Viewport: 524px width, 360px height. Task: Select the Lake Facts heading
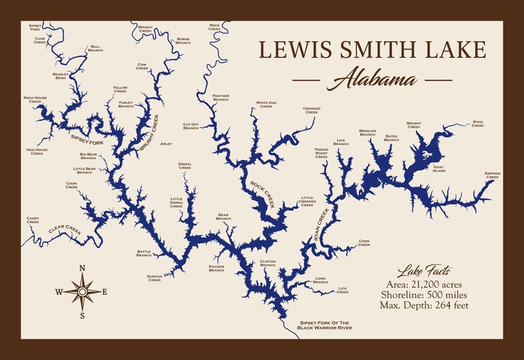(x=424, y=271)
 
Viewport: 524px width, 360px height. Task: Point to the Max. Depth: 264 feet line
(x=424, y=305)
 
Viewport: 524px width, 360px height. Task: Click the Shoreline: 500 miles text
(x=424, y=294)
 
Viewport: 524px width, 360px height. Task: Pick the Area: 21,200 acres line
(x=424, y=284)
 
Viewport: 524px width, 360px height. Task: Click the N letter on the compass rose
(x=82, y=268)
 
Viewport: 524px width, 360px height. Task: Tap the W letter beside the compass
(x=59, y=292)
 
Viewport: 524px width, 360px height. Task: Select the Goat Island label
(x=439, y=169)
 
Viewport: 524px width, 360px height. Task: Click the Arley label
(x=166, y=143)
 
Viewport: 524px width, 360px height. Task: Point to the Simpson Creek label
(x=492, y=175)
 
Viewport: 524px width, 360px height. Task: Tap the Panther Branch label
(x=221, y=98)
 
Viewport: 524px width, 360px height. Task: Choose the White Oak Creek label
(x=266, y=104)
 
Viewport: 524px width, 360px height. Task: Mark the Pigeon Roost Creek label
(x=321, y=153)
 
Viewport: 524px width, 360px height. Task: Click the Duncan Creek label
(x=154, y=278)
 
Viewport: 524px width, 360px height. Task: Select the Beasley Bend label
(x=61, y=76)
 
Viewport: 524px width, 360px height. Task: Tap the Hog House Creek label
(x=37, y=151)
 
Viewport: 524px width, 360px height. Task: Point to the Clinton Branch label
(x=267, y=263)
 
